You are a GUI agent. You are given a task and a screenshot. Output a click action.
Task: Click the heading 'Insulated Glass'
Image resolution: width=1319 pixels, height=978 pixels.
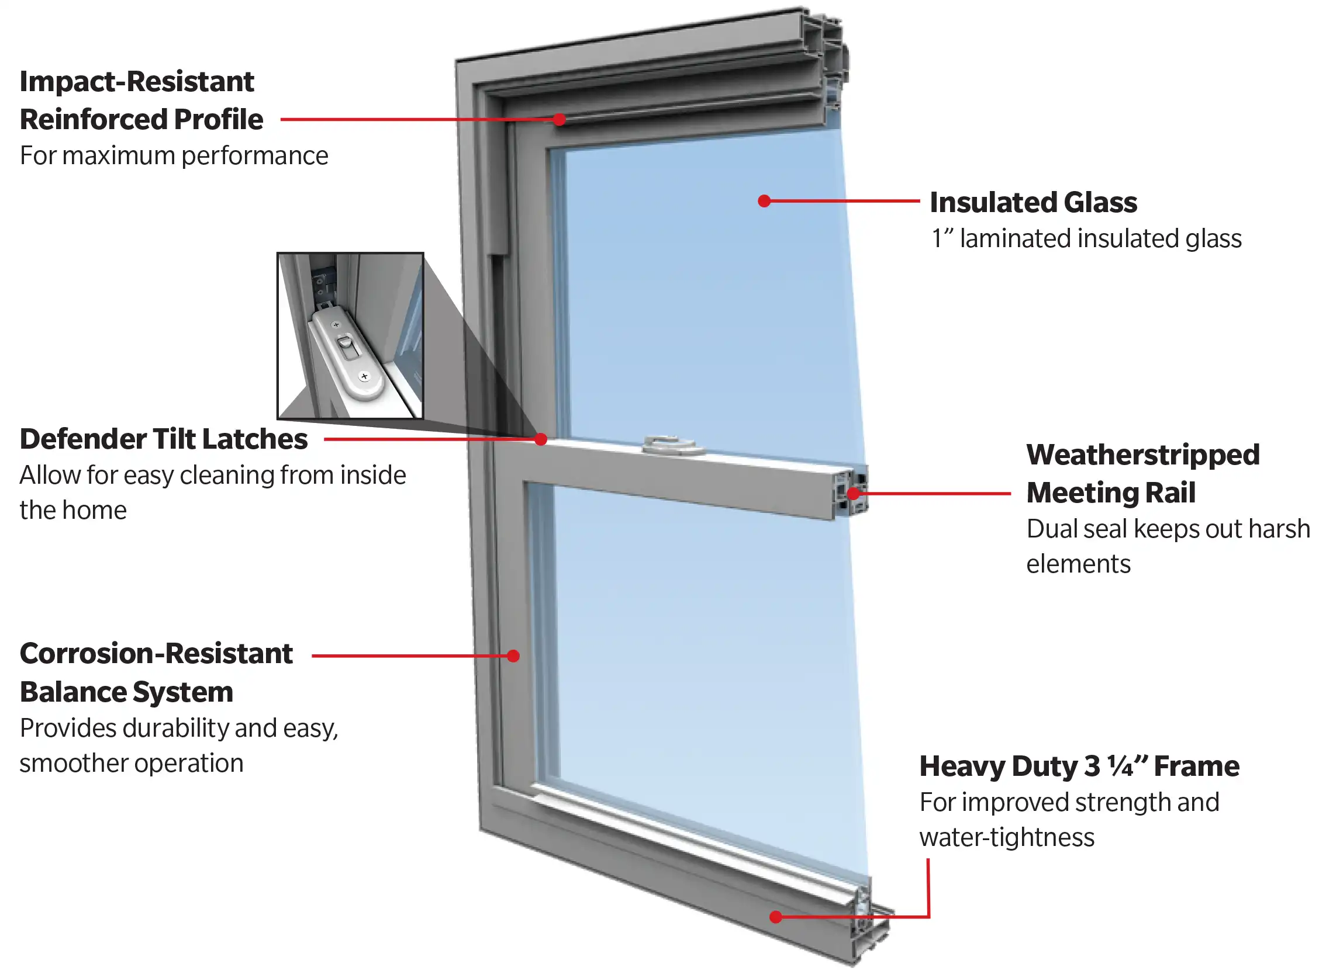pos(1033,203)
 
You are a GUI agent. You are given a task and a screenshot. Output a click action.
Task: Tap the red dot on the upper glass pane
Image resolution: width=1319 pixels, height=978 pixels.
pos(764,202)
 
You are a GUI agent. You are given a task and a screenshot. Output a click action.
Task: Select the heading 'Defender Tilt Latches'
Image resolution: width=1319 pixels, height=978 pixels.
pos(164,439)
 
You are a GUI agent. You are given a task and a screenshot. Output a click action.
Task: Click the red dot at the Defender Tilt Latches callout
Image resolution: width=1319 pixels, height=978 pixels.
pos(540,439)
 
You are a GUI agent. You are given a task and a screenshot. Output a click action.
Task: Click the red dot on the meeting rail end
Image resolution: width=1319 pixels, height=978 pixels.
pos(853,493)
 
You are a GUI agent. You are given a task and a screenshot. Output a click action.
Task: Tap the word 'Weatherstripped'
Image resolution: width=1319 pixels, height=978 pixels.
pos(1142,455)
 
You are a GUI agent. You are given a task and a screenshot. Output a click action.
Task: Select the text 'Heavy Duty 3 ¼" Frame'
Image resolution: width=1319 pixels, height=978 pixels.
pos(1079,766)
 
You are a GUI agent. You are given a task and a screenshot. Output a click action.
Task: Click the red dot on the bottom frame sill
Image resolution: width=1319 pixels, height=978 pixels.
pos(775,917)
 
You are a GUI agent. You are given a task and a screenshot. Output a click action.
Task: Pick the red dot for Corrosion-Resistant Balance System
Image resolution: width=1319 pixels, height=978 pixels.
pos(513,656)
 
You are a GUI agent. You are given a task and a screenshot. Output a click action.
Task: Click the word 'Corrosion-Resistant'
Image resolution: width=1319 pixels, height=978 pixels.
pos(156,654)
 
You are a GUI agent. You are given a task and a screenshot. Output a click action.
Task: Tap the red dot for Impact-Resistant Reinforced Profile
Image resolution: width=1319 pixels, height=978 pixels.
pos(559,120)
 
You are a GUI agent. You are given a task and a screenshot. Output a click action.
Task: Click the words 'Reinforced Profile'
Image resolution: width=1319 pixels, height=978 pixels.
pos(141,120)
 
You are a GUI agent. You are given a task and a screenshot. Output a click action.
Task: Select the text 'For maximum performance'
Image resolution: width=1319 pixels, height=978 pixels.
pos(174,156)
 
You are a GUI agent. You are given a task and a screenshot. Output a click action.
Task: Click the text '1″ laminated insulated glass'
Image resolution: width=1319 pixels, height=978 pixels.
pos(1086,238)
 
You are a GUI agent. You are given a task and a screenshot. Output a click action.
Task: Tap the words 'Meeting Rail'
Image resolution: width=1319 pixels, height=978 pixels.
pos(1110,493)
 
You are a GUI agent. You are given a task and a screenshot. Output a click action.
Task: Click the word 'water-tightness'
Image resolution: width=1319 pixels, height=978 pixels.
pos(1006,837)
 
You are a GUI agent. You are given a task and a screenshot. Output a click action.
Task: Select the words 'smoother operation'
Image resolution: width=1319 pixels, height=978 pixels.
pos(132,763)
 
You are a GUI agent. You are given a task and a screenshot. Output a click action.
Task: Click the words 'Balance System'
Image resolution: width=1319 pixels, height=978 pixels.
pos(127,692)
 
